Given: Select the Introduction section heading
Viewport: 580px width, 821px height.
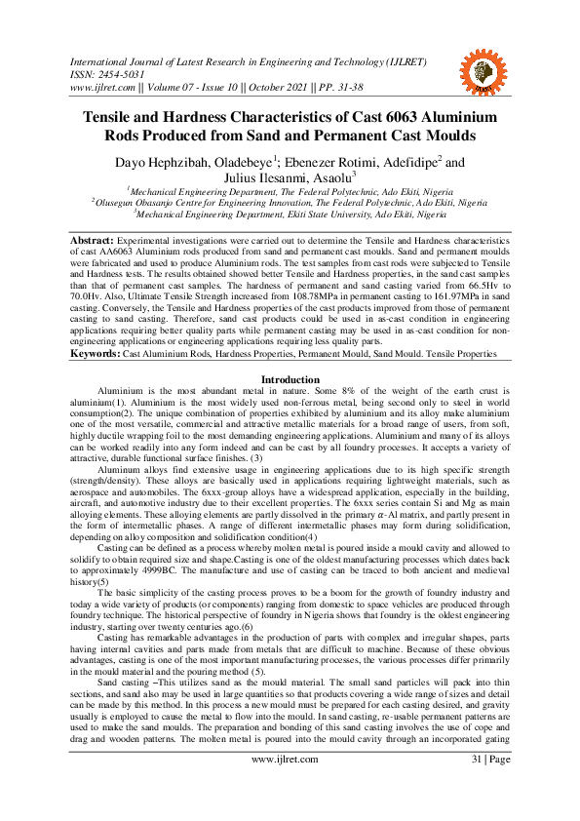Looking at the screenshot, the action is pos(290,378).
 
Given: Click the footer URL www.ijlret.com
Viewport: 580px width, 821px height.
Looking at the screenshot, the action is pos(290,786).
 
